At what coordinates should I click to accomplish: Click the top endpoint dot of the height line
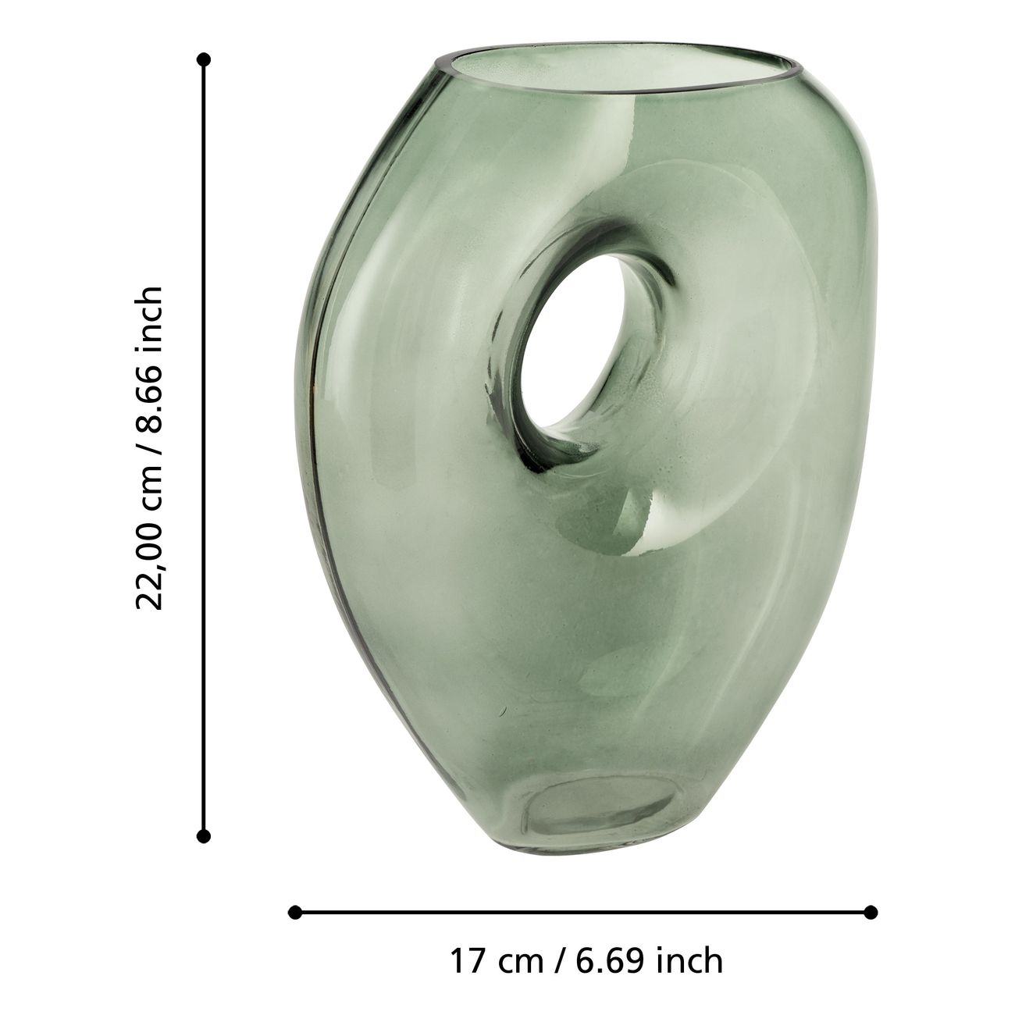[203, 59]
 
